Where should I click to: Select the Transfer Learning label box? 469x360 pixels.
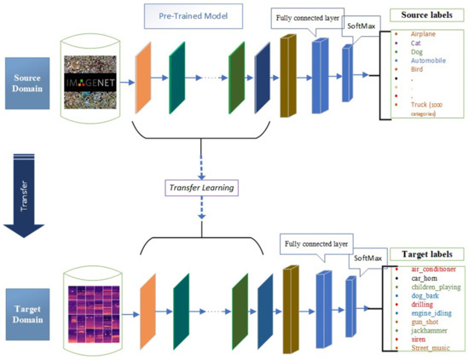(200, 187)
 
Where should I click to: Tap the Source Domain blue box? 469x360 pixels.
(28, 83)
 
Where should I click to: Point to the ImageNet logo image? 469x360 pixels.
(96, 82)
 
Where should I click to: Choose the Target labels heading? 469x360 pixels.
(421, 254)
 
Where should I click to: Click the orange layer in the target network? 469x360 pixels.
(147, 308)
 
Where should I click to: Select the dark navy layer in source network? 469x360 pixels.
(262, 80)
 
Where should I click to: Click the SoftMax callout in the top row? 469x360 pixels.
(360, 28)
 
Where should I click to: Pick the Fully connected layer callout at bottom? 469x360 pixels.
(317, 246)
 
